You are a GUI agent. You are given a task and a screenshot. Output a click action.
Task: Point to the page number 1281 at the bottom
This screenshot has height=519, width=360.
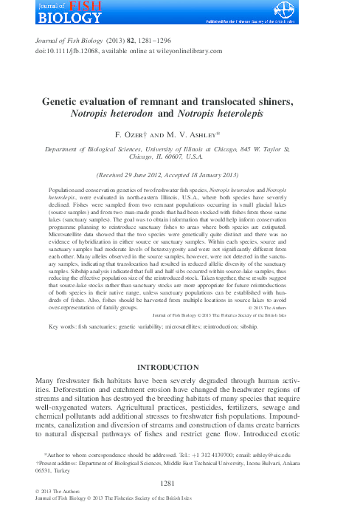point(180,482)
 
